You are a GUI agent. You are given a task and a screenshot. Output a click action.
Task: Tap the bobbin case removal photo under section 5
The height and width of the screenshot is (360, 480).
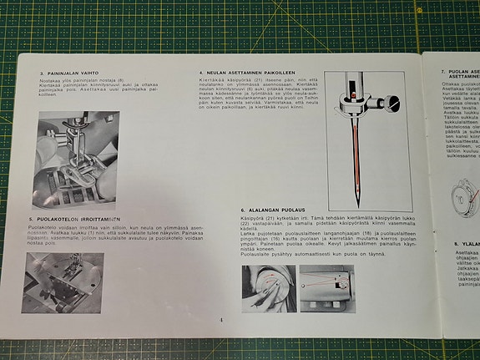coord(63,282)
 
